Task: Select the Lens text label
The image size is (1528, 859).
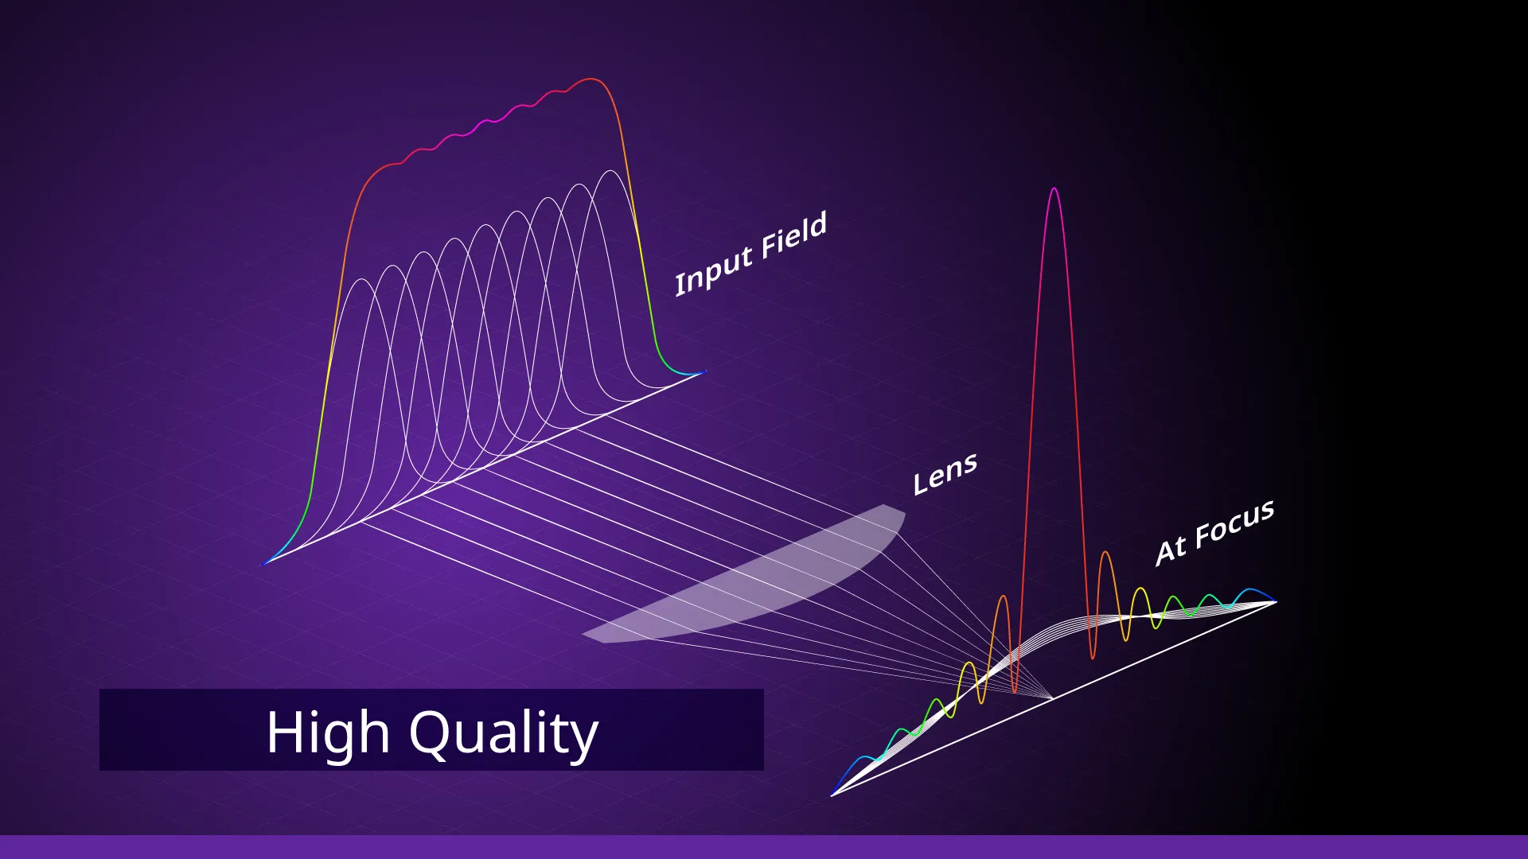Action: [x=945, y=475]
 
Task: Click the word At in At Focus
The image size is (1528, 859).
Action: [x=1171, y=550]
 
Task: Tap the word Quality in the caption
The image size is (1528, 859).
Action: [x=504, y=733]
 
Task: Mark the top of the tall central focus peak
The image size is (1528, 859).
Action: [x=1054, y=189]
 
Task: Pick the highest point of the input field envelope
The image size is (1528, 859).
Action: [x=591, y=79]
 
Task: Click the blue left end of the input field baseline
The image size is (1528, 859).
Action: [x=263, y=564]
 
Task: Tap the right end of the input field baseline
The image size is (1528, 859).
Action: [x=704, y=371]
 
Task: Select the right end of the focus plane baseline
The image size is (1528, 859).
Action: [x=1276, y=602]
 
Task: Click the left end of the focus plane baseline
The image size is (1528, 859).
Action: [x=832, y=795]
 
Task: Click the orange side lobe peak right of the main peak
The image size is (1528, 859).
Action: [x=1105, y=552]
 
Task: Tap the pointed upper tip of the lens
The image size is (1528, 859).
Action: [x=885, y=505]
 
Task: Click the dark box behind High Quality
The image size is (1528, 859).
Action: [x=431, y=729]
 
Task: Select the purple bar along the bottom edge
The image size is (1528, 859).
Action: [x=764, y=847]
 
